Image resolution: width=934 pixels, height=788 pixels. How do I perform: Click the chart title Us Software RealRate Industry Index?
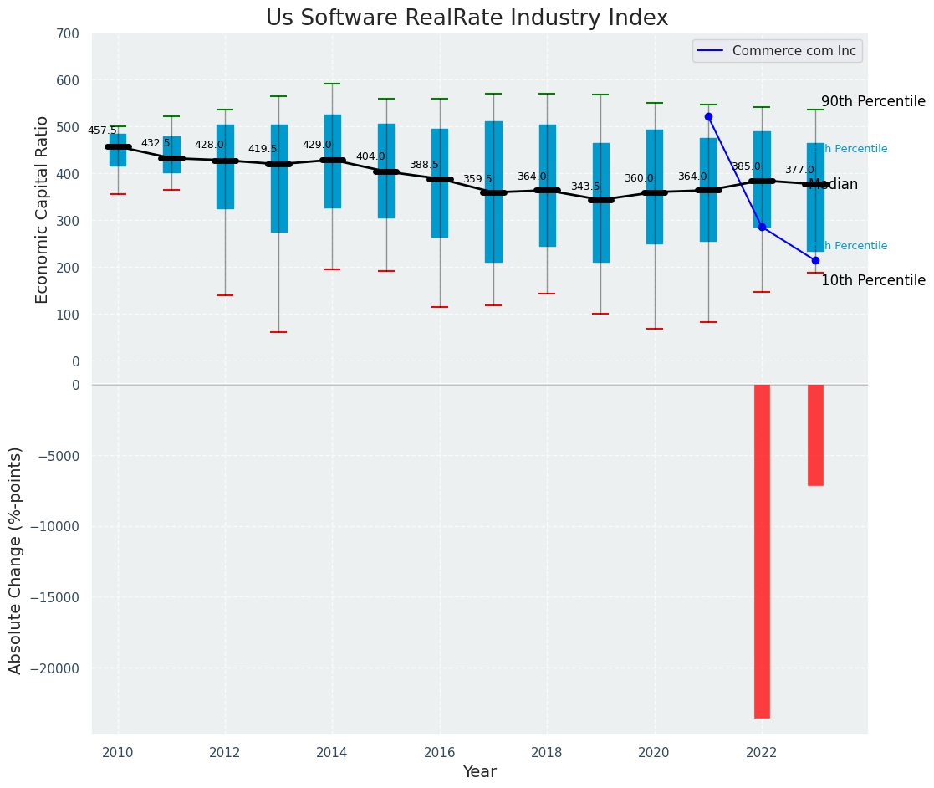(x=467, y=18)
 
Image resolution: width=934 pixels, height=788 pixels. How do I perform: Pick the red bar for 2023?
(x=815, y=435)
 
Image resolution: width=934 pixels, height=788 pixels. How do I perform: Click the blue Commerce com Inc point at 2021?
(x=708, y=116)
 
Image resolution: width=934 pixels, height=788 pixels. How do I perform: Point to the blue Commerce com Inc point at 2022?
(x=762, y=227)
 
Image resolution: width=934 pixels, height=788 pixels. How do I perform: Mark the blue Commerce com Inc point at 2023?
(x=815, y=260)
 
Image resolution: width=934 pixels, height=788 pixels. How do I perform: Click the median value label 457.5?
(x=102, y=130)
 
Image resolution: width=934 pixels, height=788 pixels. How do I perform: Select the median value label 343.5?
(x=585, y=187)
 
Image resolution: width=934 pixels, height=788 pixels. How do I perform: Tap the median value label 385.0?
(x=746, y=166)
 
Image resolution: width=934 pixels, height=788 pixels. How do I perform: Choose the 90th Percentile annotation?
(x=873, y=101)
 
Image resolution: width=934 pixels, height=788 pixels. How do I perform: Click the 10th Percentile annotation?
(x=873, y=280)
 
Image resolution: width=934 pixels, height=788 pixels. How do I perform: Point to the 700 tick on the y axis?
(x=69, y=33)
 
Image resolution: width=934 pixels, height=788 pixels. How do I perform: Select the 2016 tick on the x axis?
(x=440, y=752)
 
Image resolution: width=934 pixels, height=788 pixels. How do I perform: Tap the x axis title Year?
(x=480, y=772)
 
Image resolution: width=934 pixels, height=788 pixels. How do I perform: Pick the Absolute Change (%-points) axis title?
(x=16, y=560)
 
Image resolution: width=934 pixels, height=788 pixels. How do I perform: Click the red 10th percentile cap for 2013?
(x=278, y=332)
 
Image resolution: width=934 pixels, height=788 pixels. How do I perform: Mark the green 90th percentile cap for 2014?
(x=332, y=84)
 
